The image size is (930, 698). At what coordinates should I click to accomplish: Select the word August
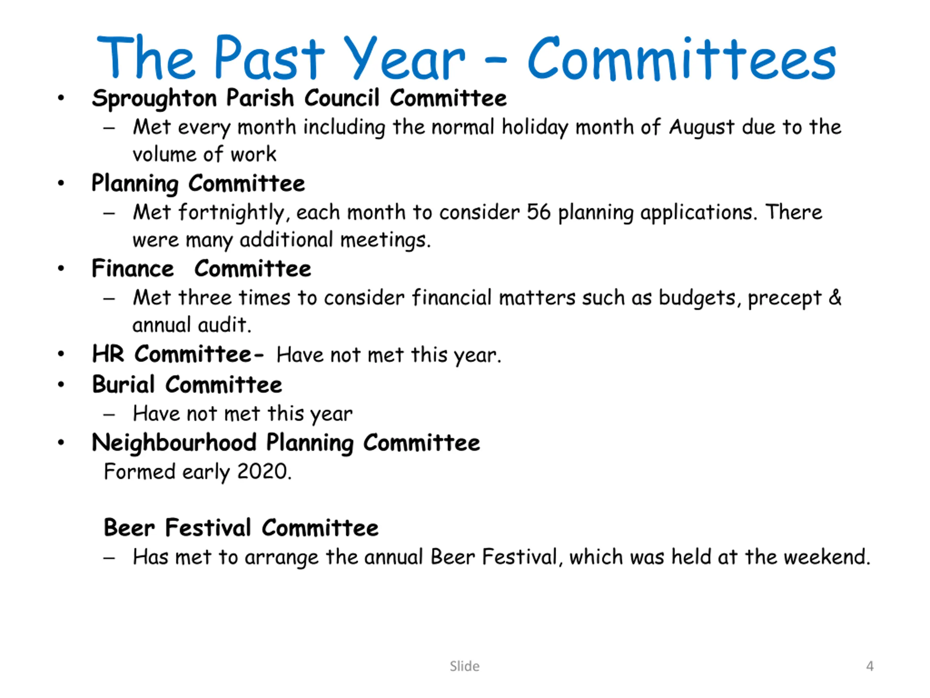(x=701, y=128)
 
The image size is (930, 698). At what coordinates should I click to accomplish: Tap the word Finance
(x=133, y=268)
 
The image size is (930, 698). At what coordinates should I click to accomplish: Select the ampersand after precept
(x=835, y=297)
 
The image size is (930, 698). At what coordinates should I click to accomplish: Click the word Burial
(x=124, y=385)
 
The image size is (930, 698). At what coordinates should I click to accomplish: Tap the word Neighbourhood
(x=174, y=443)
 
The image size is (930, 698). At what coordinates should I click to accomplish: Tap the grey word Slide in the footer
(x=465, y=666)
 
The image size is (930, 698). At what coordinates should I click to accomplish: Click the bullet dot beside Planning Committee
(x=61, y=184)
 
